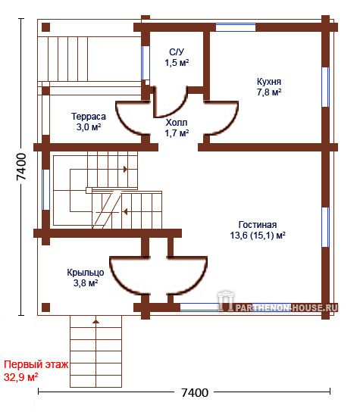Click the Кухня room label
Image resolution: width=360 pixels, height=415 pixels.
click(269, 82)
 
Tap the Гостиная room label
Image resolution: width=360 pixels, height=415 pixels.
click(258, 225)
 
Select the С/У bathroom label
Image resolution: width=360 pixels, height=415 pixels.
click(177, 51)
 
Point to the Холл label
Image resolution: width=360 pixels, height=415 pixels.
click(177, 122)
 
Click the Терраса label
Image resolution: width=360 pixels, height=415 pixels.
click(89, 117)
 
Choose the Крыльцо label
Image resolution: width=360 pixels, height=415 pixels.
click(86, 273)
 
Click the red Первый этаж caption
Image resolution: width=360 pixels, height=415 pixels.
click(36, 365)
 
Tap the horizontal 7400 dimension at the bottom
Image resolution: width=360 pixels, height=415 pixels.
click(195, 393)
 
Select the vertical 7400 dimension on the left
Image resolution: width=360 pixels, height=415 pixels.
click(21, 167)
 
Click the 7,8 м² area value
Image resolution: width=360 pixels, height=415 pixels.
click(269, 92)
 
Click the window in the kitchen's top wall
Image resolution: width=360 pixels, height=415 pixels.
click(236, 27)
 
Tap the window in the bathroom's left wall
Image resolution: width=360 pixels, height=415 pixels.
click(146, 63)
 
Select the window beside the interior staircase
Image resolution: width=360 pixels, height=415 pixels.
click(45, 190)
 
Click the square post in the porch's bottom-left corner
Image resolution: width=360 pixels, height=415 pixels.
click(45, 307)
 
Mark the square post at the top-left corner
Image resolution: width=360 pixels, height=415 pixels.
click(45, 27)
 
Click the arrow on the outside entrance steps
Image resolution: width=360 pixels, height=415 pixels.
click(95, 322)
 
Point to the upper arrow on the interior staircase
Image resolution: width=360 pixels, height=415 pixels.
click(125, 169)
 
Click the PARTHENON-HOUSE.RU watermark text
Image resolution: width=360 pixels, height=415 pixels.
click(286, 307)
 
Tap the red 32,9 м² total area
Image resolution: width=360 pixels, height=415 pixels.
click(20, 377)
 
